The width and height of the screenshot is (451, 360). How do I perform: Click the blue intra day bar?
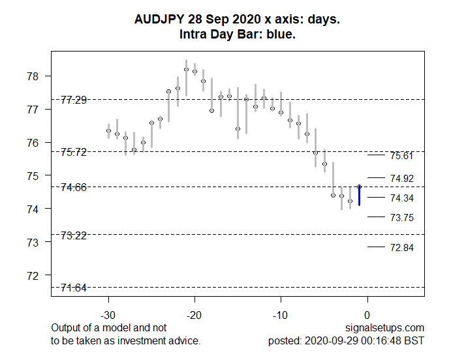click(x=359, y=196)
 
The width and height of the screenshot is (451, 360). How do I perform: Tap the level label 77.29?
click(x=74, y=100)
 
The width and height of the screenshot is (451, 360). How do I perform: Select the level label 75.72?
click(x=74, y=152)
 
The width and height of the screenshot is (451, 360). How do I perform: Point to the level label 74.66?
click(x=74, y=187)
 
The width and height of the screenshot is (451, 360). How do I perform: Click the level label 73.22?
click(x=74, y=235)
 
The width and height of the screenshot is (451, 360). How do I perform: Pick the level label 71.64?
click(x=74, y=288)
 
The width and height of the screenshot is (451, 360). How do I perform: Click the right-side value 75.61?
click(x=401, y=156)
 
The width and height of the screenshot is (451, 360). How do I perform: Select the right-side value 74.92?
click(x=401, y=178)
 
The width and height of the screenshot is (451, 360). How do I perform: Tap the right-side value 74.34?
click(x=401, y=198)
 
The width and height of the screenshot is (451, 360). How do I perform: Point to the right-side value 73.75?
click(x=401, y=218)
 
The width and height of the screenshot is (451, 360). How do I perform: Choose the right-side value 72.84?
click(x=401, y=248)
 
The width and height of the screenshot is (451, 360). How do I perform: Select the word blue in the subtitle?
click(x=280, y=34)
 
